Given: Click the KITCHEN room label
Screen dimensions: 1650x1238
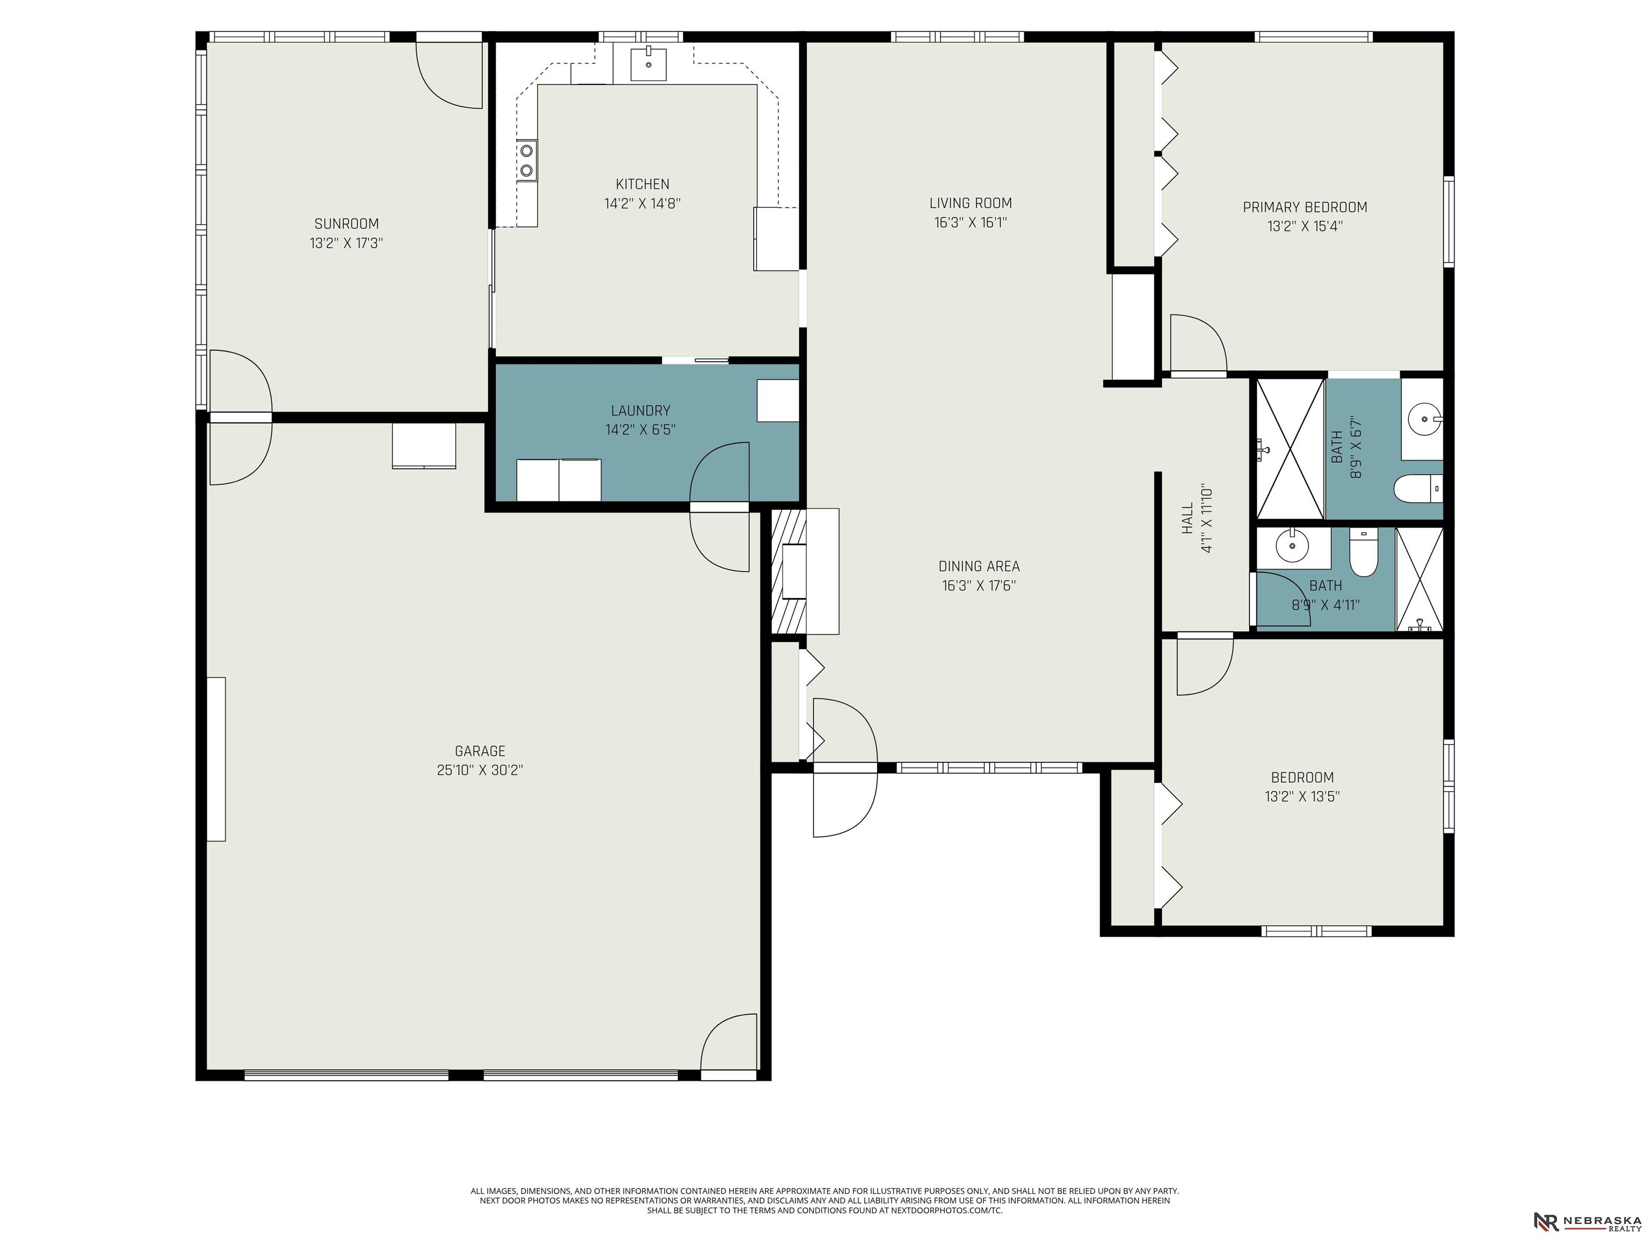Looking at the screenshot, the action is tap(642, 184).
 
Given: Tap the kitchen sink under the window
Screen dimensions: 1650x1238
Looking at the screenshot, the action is tap(649, 63).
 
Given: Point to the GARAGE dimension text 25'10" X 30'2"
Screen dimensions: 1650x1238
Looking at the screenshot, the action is tap(480, 770).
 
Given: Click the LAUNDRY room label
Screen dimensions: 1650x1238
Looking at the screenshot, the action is tap(640, 411).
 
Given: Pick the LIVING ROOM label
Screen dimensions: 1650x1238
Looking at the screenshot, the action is tap(971, 203).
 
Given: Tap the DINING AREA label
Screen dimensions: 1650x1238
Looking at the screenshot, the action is tap(979, 566).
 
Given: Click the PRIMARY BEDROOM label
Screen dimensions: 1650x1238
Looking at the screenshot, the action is tap(1305, 207).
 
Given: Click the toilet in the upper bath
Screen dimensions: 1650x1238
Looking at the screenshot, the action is tap(1418, 489).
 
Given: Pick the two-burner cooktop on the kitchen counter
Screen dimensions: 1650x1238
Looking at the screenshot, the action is tap(526, 161).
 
